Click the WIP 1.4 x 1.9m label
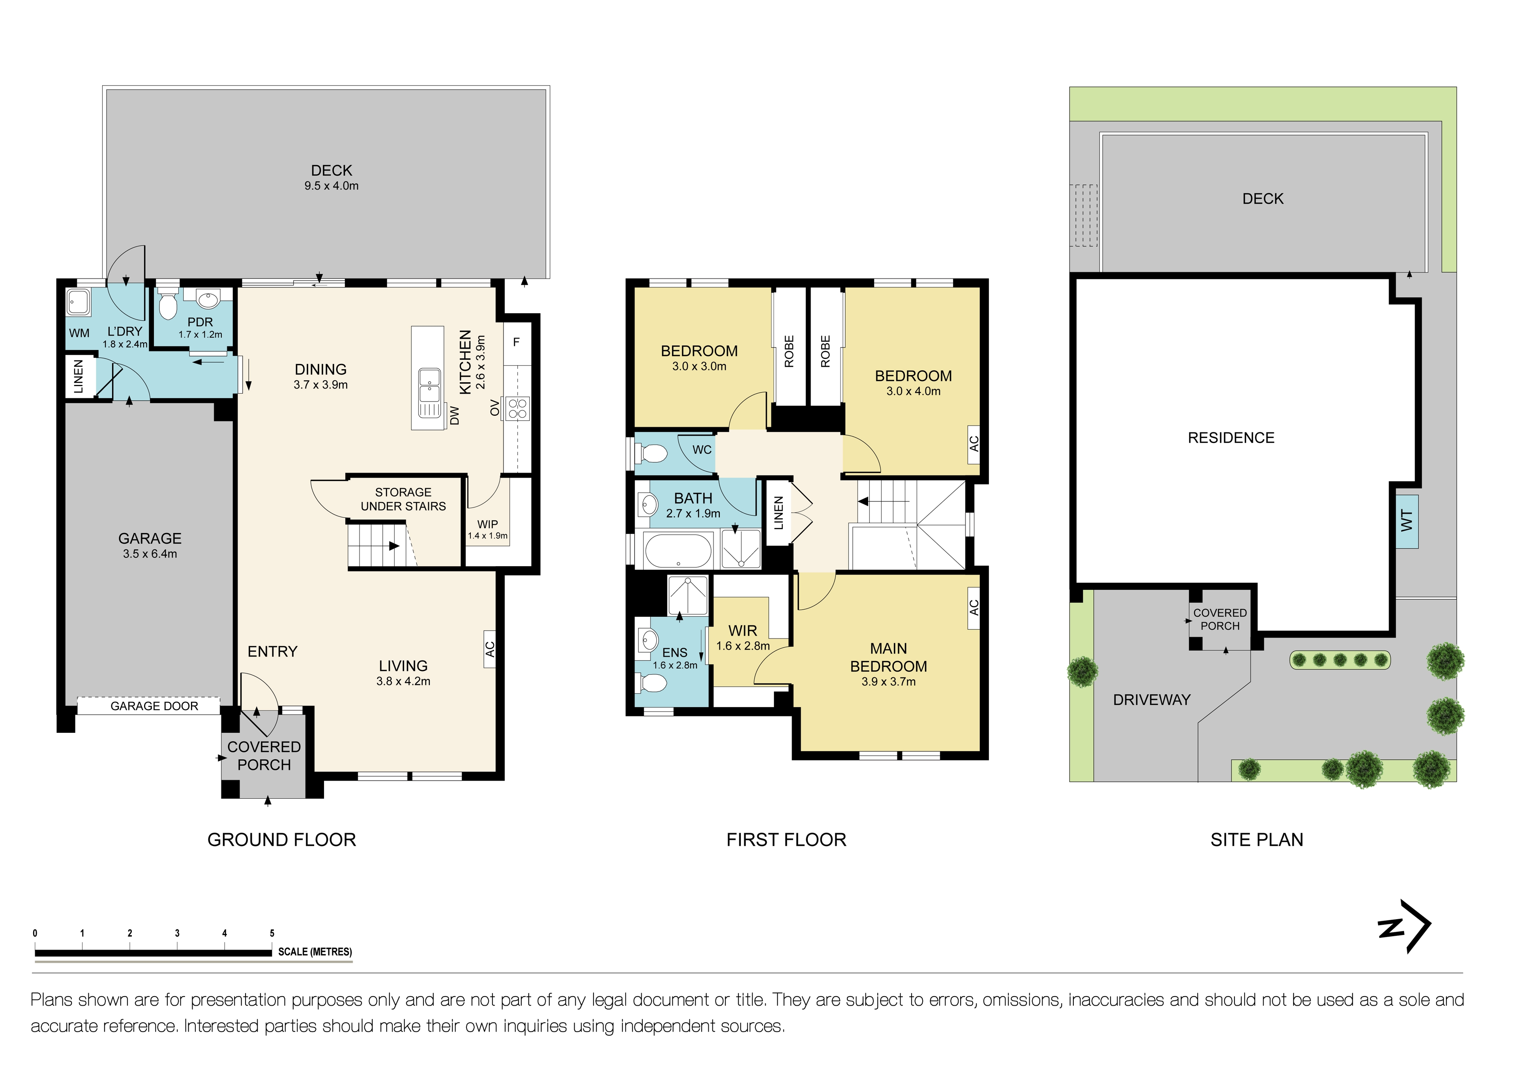[488, 529]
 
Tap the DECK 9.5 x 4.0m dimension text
[331, 186]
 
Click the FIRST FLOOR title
[786, 840]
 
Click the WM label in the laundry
[79, 333]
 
